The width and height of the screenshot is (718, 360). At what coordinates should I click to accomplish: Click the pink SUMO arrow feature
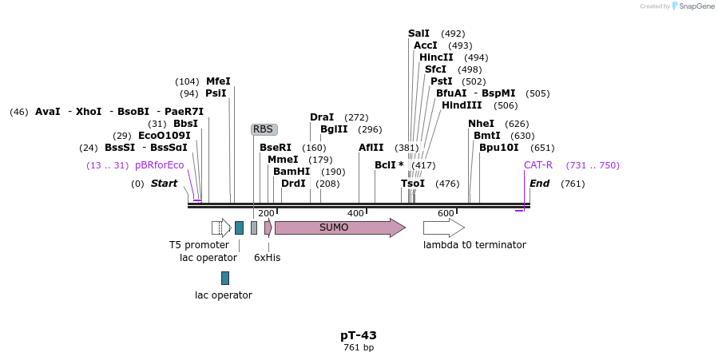click(340, 227)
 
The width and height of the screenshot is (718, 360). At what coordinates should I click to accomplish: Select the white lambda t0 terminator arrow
click(444, 227)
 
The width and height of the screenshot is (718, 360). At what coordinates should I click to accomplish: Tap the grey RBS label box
click(264, 129)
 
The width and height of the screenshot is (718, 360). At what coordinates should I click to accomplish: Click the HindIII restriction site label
click(462, 105)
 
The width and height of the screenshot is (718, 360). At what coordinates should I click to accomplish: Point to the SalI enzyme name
click(419, 34)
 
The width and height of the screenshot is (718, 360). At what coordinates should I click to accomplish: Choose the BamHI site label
click(292, 172)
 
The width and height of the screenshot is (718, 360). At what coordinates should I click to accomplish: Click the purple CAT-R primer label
click(538, 165)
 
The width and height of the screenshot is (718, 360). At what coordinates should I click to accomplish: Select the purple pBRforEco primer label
click(160, 165)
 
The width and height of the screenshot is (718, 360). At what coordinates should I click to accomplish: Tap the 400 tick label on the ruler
click(355, 213)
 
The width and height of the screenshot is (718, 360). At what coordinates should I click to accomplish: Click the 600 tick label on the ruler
click(446, 213)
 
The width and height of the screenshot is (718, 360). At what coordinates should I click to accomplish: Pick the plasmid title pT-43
click(359, 335)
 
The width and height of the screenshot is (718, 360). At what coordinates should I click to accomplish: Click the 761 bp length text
click(359, 348)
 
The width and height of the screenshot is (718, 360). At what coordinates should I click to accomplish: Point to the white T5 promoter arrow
click(221, 227)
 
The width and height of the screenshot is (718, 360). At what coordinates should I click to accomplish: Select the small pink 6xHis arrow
click(268, 227)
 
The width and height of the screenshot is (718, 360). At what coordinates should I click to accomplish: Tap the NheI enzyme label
click(482, 124)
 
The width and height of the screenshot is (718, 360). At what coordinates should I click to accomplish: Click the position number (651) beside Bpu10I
click(542, 148)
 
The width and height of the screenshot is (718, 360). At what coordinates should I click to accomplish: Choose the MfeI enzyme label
click(218, 81)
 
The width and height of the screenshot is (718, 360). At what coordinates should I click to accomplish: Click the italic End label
click(539, 184)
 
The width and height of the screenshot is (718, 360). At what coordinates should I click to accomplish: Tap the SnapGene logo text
click(696, 6)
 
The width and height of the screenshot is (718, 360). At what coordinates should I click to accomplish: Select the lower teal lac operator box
click(225, 278)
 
